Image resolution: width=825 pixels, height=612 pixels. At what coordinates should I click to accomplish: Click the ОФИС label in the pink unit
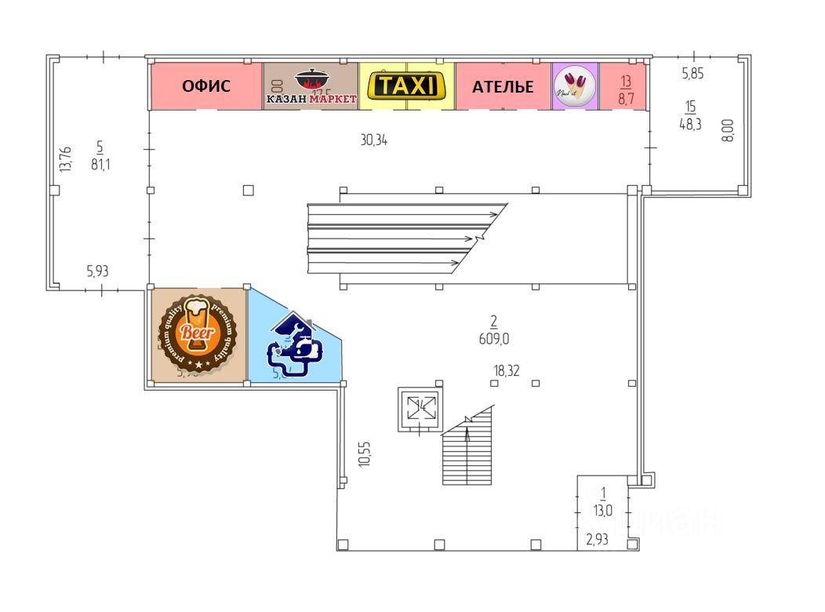[206, 86]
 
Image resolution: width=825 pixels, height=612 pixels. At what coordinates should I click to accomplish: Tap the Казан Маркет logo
[311, 86]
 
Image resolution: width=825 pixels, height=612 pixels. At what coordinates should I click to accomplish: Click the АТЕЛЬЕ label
[503, 86]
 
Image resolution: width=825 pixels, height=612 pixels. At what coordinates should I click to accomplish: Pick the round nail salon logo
[576, 86]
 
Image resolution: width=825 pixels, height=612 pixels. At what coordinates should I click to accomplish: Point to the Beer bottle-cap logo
[197, 333]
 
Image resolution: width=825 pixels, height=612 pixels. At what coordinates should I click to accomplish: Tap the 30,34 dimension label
[373, 140]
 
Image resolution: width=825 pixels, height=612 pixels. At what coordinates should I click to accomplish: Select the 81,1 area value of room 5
[100, 165]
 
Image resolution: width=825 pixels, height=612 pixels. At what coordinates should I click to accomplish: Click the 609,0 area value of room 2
[493, 339]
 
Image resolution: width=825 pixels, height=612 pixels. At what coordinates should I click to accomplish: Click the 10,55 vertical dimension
[363, 454]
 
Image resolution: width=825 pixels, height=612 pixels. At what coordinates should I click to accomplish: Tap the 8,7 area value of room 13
[626, 100]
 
